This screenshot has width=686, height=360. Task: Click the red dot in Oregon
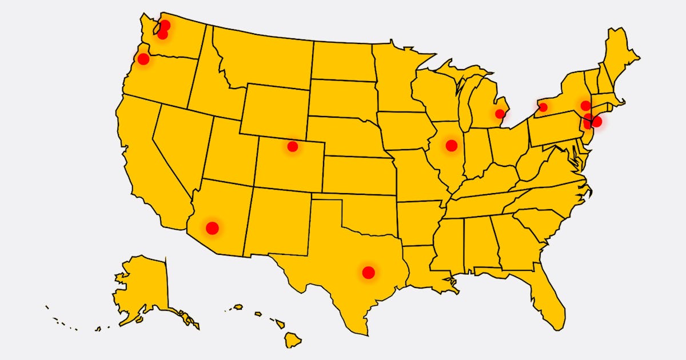tap(143, 58)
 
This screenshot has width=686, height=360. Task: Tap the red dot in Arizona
tap(212, 228)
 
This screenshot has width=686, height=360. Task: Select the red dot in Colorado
tap(293, 146)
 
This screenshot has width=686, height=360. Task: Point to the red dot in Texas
tap(368, 273)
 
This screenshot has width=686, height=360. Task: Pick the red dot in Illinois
tap(451, 145)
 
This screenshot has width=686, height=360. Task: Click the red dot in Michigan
tap(500, 113)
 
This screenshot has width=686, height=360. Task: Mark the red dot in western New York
tap(543, 107)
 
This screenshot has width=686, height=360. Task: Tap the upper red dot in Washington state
tap(165, 25)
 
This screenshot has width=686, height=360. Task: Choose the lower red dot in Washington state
tap(162, 34)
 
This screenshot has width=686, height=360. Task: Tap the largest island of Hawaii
tap(293, 341)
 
